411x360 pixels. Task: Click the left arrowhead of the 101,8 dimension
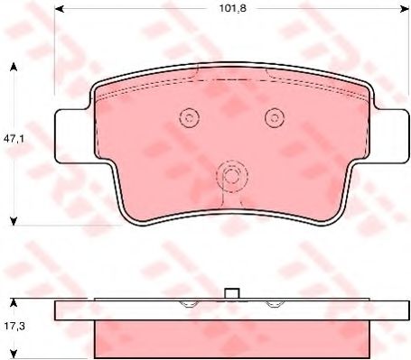click(59, 9)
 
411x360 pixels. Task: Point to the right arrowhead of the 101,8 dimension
click(405, 9)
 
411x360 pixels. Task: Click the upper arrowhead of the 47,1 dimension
click(14, 67)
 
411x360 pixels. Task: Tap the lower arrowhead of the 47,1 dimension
click(14, 221)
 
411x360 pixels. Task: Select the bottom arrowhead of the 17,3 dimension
click(14, 354)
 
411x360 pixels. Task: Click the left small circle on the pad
click(190, 117)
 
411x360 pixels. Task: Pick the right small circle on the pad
click(275, 117)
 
